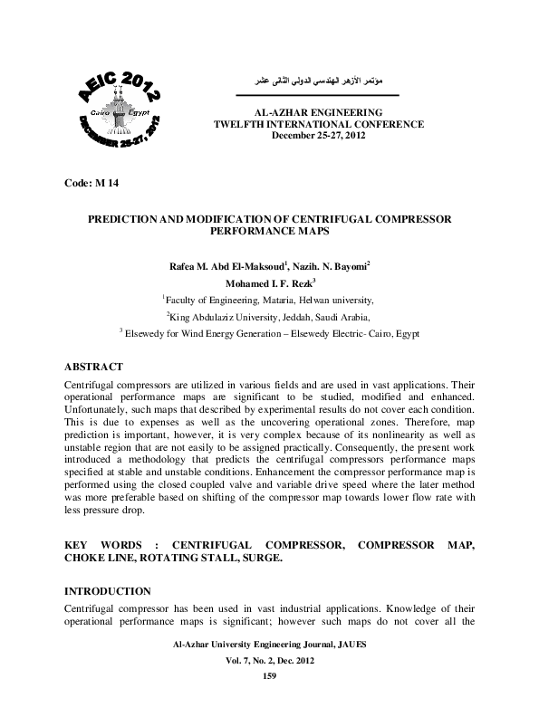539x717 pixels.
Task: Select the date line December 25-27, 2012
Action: tap(316, 135)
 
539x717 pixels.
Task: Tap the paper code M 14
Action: tap(92, 184)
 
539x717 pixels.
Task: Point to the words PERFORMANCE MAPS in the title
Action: tap(269, 232)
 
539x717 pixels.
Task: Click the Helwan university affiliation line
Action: tap(268, 300)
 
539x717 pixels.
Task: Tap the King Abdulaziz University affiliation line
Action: tap(269, 317)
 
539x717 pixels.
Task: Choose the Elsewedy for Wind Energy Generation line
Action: tap(269, 333)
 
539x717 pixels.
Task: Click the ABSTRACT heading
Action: tap(93, 367)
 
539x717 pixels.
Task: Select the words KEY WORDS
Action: tap(100, 546)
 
